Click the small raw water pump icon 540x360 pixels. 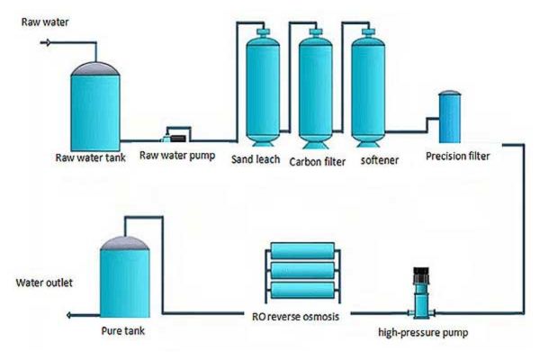[175, 137]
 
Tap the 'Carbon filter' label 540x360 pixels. [319, 164]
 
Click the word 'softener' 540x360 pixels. [375, 163]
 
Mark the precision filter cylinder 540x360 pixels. [449, 117]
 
